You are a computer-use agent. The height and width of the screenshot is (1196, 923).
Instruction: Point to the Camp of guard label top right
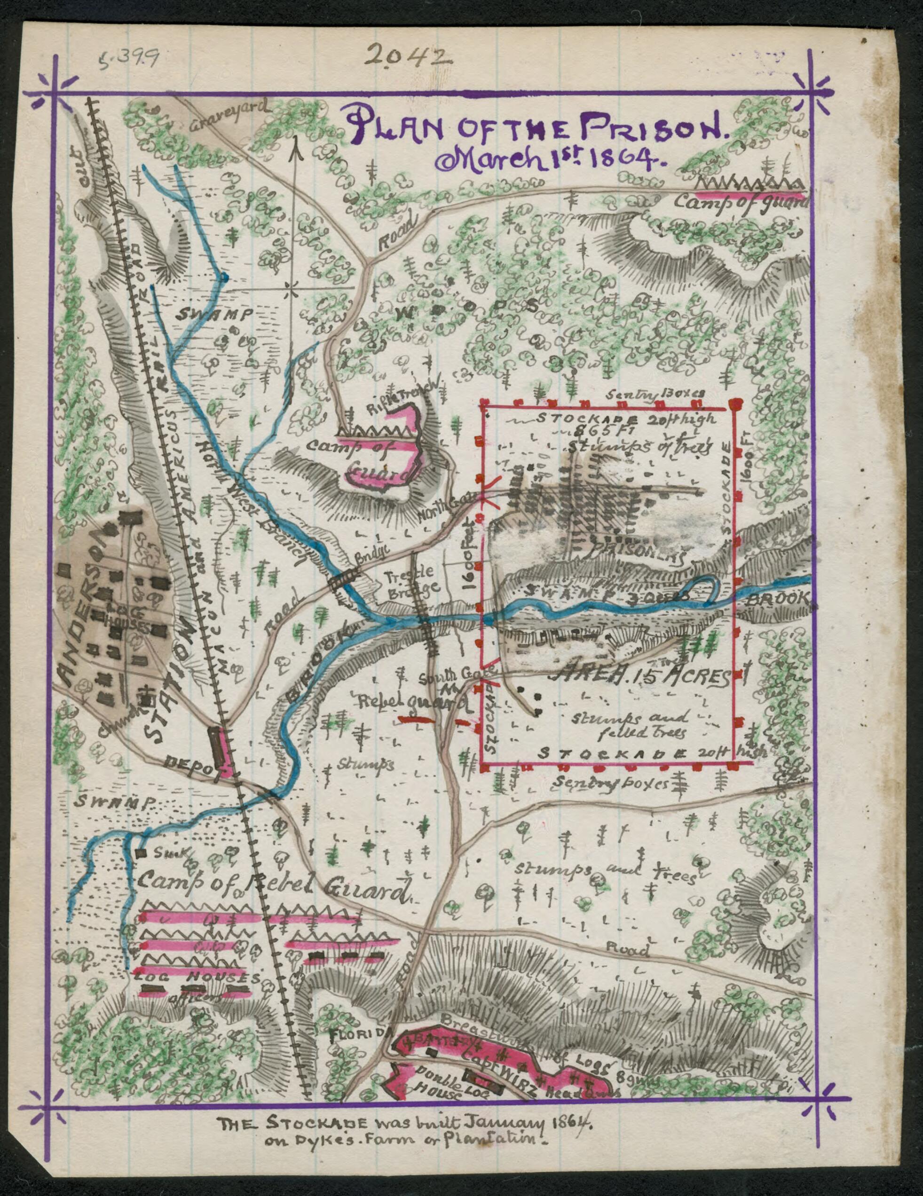click(x=740, y=203)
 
